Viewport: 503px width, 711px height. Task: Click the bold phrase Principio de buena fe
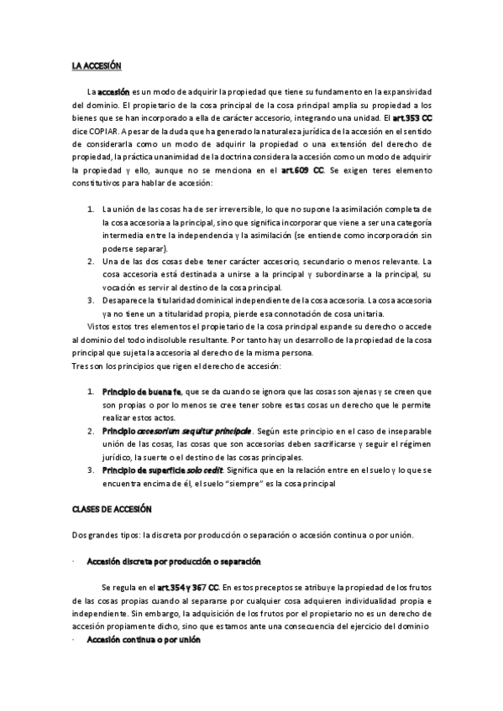click(142, 392)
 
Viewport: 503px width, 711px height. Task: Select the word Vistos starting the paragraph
click(100, 326)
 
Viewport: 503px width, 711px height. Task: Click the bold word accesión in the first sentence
click(114, 91)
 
